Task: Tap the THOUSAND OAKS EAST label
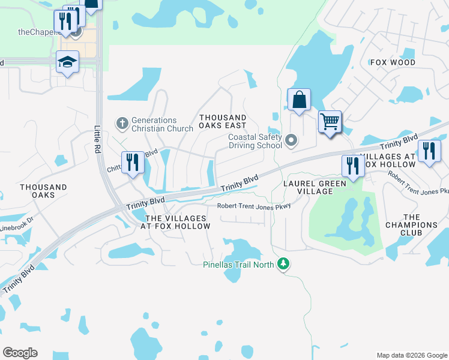(x=223, y=122)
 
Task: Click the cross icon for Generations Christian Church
(x=122, y=124)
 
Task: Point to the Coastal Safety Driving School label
(x=255, y=141)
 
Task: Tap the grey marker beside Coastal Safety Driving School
(x=292, y=141)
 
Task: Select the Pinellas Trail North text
(x=240, y=264)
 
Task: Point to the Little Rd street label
(x=98, y=139)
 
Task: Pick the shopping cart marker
(x=330, y=122)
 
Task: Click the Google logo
(x=20, y=353)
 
